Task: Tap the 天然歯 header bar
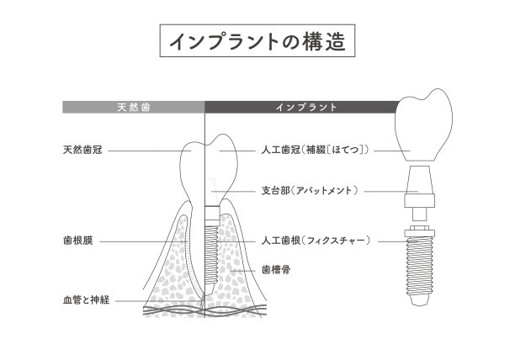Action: click(x=134, y=107)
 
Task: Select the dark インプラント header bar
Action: click(x=300, y=107)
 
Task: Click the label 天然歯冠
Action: click(x=82, y=151)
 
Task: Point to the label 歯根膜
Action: click(x=78, y=241)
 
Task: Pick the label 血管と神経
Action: click(x=86, y=300)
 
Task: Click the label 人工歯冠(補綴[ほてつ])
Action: click(x=315, y=151)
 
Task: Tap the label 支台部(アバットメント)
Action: click(x=310, y=191)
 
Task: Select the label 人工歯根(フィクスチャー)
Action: click(x=316, y=241)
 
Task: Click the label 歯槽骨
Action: click(x=276, y=270)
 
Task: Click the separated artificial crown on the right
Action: click(x=423, y=124)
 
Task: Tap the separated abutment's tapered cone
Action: click(x=419, y=180)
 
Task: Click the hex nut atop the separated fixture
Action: click(x=420, y=228)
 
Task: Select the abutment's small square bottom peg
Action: click(x=419, y=214)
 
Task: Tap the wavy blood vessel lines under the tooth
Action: click(x=204, y=310)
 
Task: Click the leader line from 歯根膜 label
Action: click(x=144, y=241)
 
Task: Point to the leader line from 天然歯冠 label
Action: click(x=150, y=151)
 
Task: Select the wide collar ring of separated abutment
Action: click(x=419, y=201)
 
